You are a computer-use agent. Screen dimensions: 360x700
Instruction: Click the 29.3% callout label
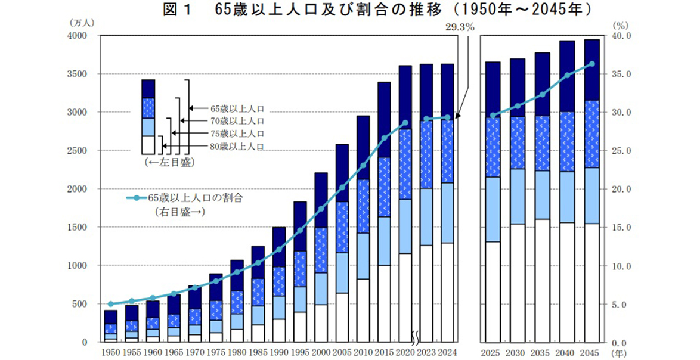[x=459, y=26]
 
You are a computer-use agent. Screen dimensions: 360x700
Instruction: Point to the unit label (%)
[x=621, y=26]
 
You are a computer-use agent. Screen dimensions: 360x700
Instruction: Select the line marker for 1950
[x=110, y=304]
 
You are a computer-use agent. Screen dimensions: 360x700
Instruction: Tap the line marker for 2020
[x=405, y=123]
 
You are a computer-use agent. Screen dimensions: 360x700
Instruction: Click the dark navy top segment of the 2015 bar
[x=384, y=119]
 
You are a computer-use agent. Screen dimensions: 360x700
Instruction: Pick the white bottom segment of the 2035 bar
[x=542, y=280]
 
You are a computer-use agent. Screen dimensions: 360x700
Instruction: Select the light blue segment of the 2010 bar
[x=363, y=256]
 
